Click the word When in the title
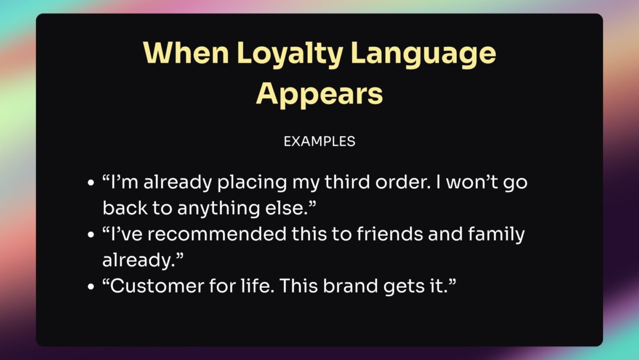(x=186, y=53)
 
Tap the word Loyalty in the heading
(x=290, y=54)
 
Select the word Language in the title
(x=423, y=54)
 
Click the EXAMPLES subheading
(x=319, y=142)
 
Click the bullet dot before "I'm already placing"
(x=91, y=182)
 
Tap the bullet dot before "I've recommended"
(x=91, y=235)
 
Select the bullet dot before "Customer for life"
(x=91, y=287)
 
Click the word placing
(x=252, y=183)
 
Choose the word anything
(x=218, y=209)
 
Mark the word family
(x=496, y=235)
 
